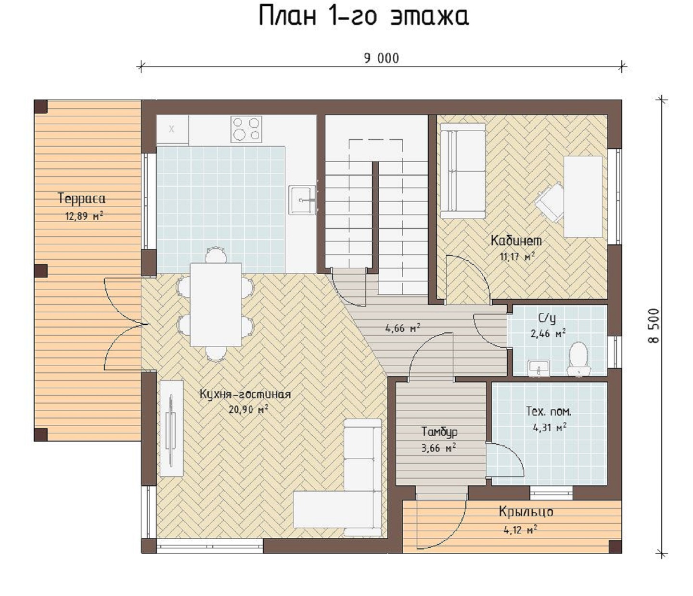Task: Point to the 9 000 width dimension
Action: [x=382, y=59]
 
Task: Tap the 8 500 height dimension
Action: [x=654, y=326]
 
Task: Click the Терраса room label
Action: [x=82, y=199]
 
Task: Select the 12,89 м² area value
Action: [x=84, y=216]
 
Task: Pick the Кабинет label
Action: [x=516, y=241]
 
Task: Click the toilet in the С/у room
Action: [x=578, y=358]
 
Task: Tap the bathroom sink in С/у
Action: [x=539, y=368]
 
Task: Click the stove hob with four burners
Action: [x=246, y=129]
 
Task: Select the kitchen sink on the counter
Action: [x=302, y=200]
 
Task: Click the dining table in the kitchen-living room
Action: [x=216, y=304]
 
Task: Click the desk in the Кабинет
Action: [x=583, y=196]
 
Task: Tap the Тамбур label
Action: [x=439, y=432]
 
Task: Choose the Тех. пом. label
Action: [x=549, y=411]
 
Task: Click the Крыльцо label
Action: [x=526, y=511]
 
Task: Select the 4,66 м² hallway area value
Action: [x=402, y=328]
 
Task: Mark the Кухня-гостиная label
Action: [x=245, y=394]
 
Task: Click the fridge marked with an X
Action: [x=172, y=130]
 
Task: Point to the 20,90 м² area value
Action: [x=248, y=409]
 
